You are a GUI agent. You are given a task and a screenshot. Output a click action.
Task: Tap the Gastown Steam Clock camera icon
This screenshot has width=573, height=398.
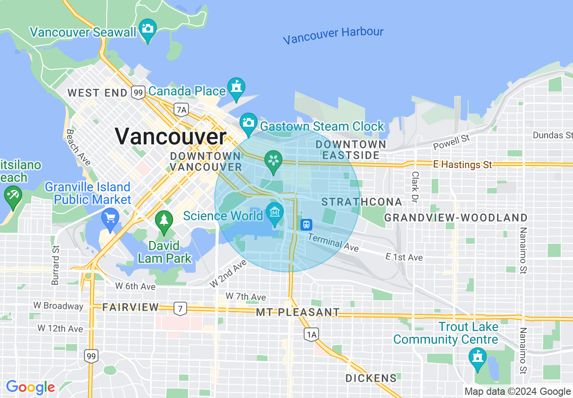click(x=248, y=122)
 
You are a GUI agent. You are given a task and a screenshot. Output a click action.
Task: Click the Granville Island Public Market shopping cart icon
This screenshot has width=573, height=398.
click(x=110, y=218)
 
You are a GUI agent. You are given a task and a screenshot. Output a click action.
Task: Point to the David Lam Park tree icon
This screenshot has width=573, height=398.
click(x=164, y=221)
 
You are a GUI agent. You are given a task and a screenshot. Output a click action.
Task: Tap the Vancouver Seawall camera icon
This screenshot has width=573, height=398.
click(x=147, y=28)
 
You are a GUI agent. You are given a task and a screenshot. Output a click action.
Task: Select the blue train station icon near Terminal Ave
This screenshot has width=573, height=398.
click(x=306, y=224)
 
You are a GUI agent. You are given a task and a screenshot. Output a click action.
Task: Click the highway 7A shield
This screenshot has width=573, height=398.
click(x=181, y=109)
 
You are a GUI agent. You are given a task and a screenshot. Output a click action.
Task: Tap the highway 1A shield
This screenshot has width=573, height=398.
click(x=311, y=334)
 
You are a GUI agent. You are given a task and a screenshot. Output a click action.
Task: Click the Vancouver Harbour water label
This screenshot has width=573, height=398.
click(x=333, y=35)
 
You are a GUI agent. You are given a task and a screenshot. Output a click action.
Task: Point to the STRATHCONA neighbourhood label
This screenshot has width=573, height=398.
click(x=362, y=202)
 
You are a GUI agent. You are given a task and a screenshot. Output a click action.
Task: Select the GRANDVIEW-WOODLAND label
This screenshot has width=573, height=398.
click(x=456, y=218)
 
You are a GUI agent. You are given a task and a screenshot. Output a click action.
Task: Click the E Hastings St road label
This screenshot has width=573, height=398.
click(x=462, y=165)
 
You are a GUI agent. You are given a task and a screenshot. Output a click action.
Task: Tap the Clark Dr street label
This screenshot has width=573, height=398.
click(x=415, y=187)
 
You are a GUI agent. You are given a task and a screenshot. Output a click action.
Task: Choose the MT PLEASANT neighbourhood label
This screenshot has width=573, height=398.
click(x=297, y=312)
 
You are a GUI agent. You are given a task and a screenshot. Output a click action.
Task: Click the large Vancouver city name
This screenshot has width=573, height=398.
click(x=170, y=136)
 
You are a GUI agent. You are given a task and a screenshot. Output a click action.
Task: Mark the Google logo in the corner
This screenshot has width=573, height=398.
click(x=30, y=387)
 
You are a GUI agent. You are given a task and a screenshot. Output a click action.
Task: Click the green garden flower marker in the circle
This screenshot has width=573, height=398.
click(x=273, y=161)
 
